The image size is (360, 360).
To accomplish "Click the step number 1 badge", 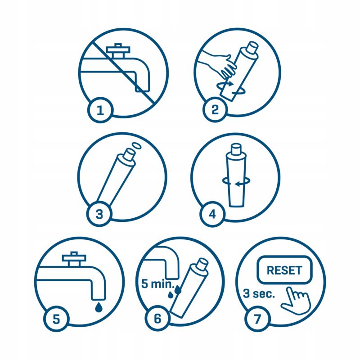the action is [100, 110].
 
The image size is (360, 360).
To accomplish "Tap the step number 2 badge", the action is [215, 109].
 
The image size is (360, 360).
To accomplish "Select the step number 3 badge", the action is [99, 214].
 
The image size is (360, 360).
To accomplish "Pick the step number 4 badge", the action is [212, 214].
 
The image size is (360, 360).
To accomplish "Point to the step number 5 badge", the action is [56, 319].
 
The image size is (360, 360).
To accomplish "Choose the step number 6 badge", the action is [157, 319].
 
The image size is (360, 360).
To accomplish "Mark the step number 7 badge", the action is [257, 319].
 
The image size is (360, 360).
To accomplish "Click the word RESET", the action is [284, 270].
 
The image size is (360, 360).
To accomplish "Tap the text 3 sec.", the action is [259, 293].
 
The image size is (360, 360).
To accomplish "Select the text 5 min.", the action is [158, 284].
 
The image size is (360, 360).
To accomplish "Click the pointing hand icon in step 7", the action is [296, 301].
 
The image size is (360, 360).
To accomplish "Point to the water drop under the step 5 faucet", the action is [99, 307].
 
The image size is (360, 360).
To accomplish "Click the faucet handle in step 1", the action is [118, 50].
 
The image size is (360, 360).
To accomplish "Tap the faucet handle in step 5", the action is [74, 259].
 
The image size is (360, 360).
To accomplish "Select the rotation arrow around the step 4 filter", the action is [236, 181].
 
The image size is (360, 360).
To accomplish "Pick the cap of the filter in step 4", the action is [236, 149].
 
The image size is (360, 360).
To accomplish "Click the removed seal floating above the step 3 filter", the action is [136, 145].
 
